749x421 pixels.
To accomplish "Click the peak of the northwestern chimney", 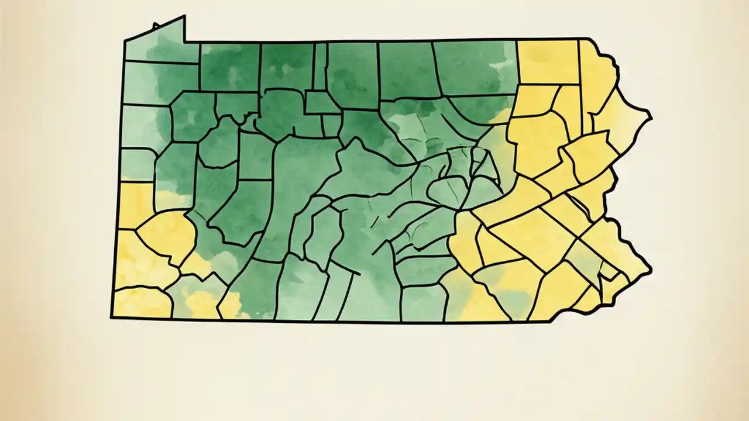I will click(184, 16).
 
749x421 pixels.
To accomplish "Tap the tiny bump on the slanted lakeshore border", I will click(155, 26).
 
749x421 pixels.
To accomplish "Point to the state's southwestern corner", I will click(112, 318).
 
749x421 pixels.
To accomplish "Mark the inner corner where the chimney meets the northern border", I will click(185, 42).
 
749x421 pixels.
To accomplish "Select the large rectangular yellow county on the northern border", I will click(548, 61).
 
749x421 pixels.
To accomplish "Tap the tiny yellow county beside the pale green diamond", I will click(609, 270).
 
